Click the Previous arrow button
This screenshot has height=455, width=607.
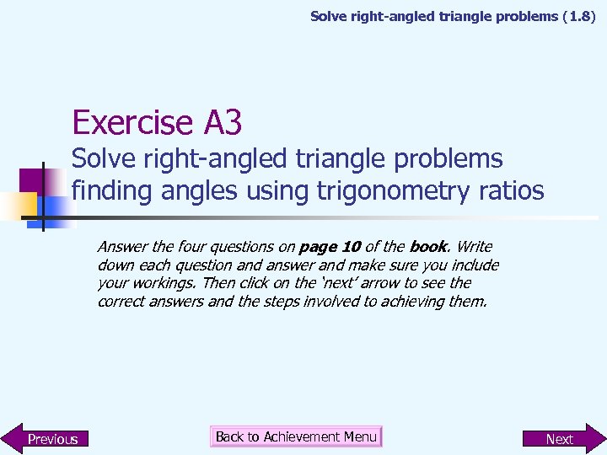[46, 438]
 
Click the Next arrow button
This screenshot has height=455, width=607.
[561, 438]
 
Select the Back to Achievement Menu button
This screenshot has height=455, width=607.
[296, 436]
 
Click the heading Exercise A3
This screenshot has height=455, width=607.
[157, 123]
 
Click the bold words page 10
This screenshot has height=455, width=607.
[330, 247]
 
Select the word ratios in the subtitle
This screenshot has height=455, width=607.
[506, 191]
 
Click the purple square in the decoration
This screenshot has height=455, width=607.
[32, 180]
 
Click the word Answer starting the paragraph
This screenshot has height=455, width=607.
[122, 247]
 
